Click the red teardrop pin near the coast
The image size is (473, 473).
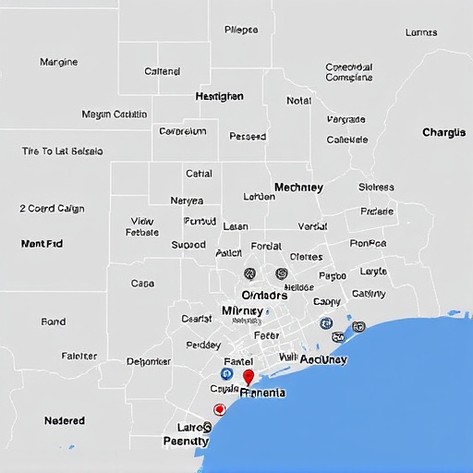248,376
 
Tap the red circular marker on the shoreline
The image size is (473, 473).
219,409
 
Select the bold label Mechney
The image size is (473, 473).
298,188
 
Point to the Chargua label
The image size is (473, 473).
443,133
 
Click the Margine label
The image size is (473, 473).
59,63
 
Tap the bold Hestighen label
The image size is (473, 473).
220,96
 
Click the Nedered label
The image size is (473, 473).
65,420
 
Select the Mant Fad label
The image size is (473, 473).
42,244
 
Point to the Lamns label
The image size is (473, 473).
421,32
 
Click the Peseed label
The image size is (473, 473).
247,137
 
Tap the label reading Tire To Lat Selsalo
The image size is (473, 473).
62,151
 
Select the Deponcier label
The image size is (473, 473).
149,361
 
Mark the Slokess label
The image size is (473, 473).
376,188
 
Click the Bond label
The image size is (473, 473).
54,322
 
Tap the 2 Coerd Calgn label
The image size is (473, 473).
52,209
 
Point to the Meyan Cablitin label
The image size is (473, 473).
115,115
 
